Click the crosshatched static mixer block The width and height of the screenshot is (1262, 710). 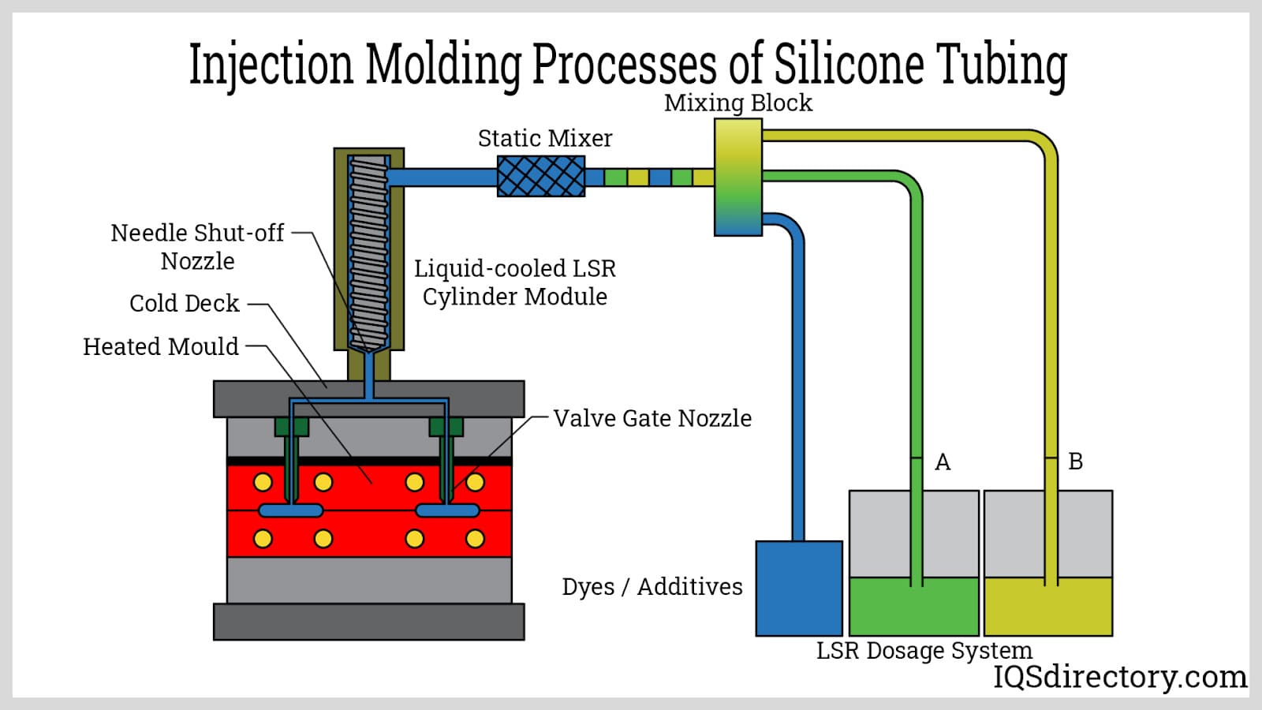tap(541, 176)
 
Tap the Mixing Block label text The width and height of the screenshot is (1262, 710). tap(737, 103)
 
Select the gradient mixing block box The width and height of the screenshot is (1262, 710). tap(738, 177)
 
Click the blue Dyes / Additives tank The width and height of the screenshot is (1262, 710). tap(799, 589)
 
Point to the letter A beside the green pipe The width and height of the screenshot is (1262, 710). tap(943, 462)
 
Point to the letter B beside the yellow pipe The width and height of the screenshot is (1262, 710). tap(1075, 461)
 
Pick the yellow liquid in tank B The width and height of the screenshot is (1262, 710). tap(1048, 608)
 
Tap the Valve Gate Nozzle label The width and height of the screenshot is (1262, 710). tap(652, 418)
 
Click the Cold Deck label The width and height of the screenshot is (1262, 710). tap(184, 304)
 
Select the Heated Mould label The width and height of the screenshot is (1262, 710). tap(161, 347)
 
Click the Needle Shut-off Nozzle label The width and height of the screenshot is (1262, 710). tap(197, 247)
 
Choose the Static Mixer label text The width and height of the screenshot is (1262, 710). tap(545, 139)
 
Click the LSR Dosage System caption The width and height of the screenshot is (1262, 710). tap(924, 651)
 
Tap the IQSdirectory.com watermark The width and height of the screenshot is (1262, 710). tap(1120, 677)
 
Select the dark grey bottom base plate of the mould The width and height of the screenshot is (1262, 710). tap(368, 622)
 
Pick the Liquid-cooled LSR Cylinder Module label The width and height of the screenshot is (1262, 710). tap(515, 282)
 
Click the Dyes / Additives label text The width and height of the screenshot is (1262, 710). tap(652, 587)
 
